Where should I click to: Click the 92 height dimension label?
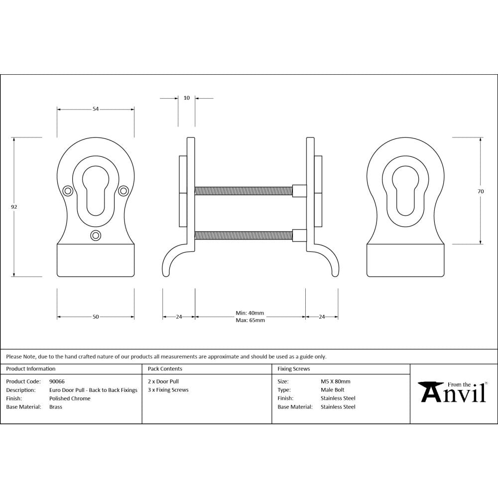14,207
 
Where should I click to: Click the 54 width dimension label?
96,109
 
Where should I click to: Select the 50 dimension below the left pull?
96,317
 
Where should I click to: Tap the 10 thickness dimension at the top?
187,98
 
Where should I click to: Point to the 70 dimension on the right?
481,191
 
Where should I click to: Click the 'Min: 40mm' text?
250,313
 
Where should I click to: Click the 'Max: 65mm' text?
250,320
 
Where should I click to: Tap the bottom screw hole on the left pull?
96,235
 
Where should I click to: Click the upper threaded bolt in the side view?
244,190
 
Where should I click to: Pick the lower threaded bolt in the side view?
244,235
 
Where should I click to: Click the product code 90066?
57,381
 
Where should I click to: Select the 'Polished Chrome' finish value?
70,398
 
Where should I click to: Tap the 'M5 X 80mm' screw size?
336,381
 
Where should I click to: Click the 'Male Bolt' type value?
332,390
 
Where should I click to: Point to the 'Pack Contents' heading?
165,369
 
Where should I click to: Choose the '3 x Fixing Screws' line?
168,390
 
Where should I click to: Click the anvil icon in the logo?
429,392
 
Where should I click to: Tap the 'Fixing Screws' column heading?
293,369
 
